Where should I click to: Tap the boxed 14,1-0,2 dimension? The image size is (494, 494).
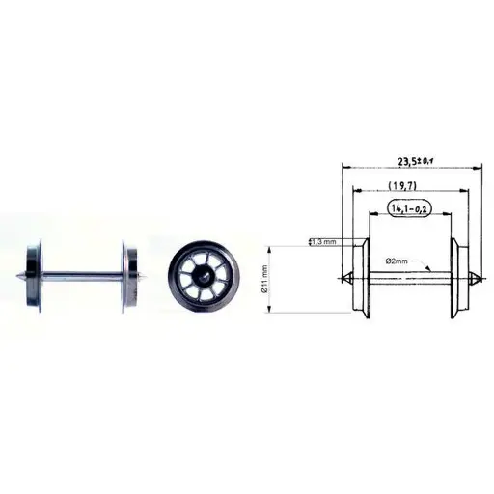point(409,206)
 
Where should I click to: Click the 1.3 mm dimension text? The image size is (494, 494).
point(323,242)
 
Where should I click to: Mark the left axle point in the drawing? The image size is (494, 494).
point(343,280)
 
